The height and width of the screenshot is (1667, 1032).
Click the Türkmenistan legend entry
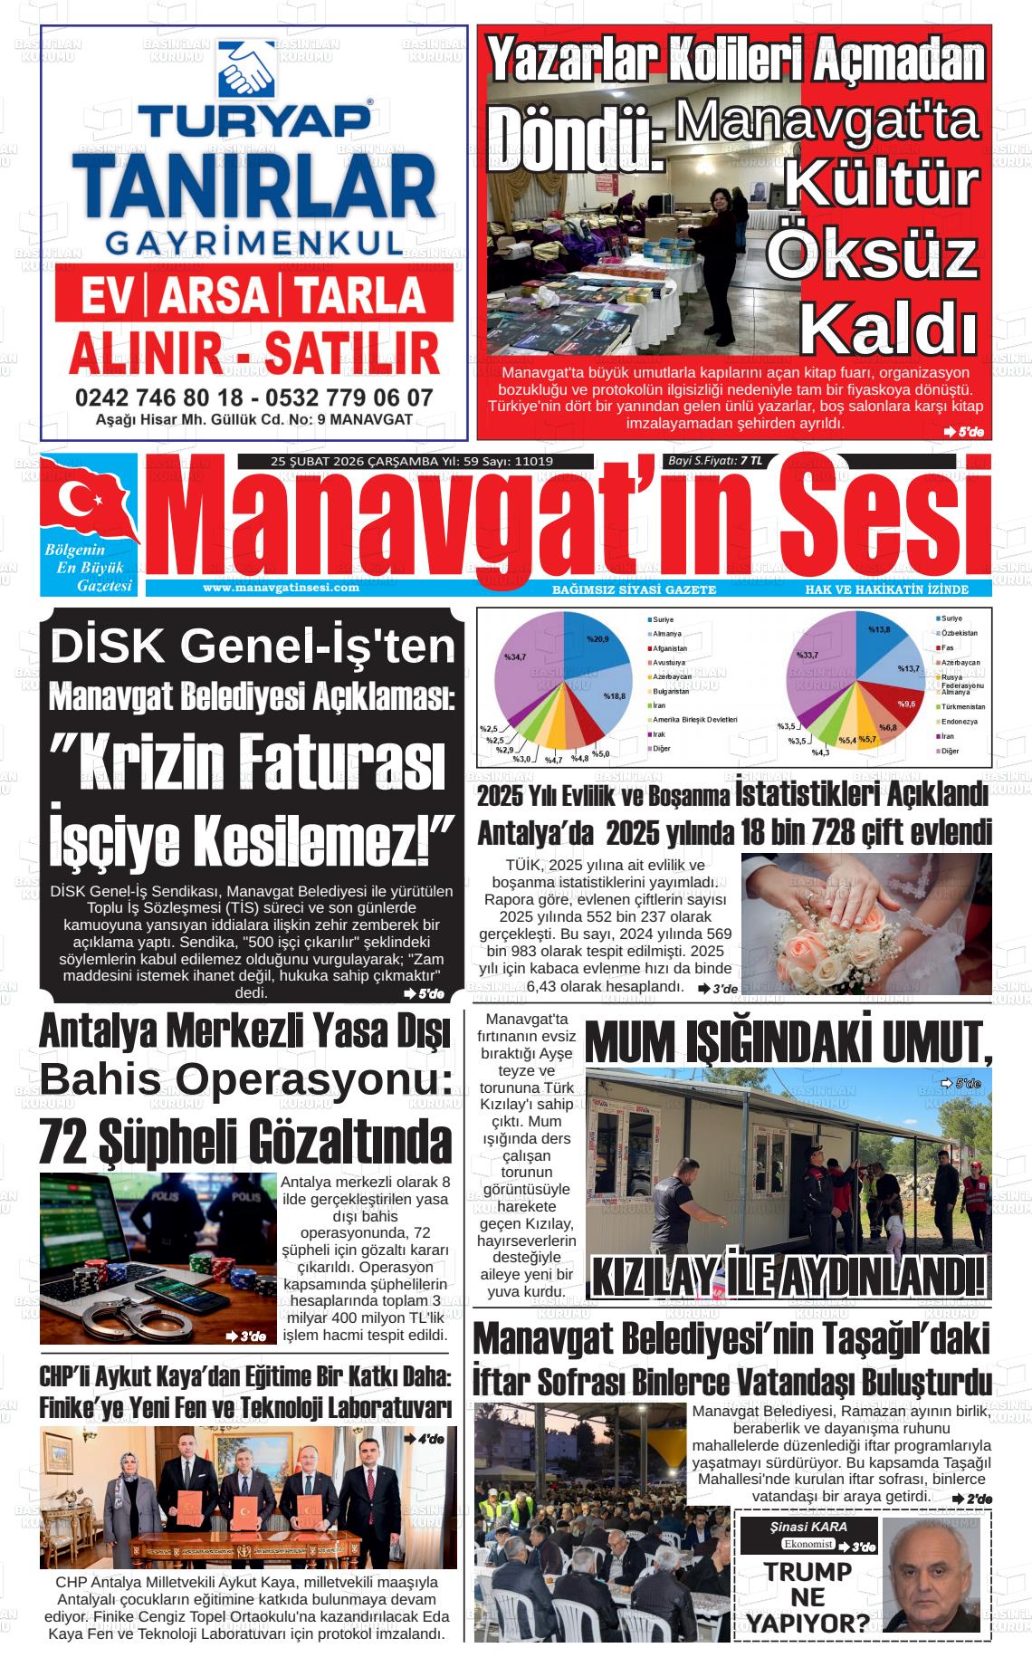tap(961, 706)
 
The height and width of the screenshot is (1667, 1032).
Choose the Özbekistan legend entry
tap(959, 633)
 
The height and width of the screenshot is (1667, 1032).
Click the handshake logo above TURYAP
tap(246, 68)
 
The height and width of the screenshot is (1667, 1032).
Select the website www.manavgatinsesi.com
tap(281, 587)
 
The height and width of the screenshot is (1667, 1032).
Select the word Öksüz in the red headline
tap(872, 256)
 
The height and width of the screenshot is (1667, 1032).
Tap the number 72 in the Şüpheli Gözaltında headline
tap(63, 1142)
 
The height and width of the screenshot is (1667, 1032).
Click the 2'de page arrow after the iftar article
tap(971, 1499)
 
